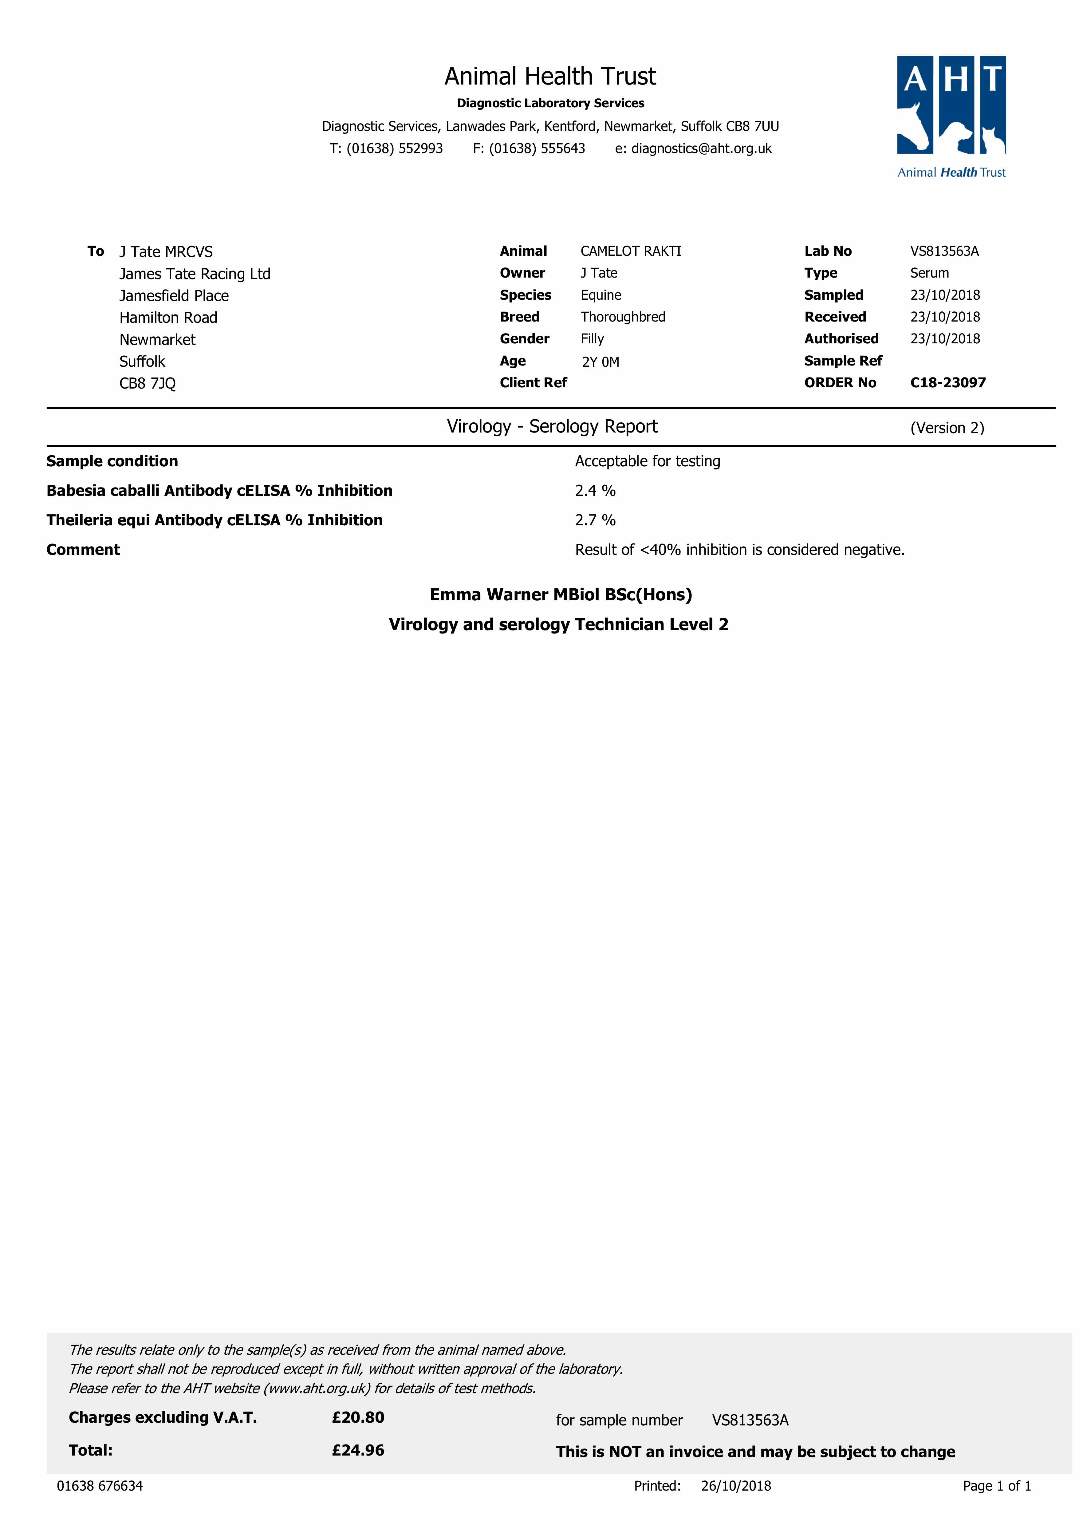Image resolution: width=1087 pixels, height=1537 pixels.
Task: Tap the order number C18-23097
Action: click(948, 383)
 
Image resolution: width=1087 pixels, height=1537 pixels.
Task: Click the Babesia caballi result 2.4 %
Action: click(595, 491)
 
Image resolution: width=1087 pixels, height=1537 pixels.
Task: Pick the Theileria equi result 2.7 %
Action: click(595, 520)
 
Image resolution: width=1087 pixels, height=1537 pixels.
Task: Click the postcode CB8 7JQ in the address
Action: click(147, 384)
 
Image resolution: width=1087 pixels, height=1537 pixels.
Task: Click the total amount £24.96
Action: click(358, 1450)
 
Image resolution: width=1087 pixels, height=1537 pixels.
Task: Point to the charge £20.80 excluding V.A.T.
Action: click(358, 1417)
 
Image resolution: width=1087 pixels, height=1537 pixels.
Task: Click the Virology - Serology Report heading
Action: click(552, 426)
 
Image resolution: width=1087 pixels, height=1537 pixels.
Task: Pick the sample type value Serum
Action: click(929, 273)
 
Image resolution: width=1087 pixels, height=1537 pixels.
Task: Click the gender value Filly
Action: click(592, 339)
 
